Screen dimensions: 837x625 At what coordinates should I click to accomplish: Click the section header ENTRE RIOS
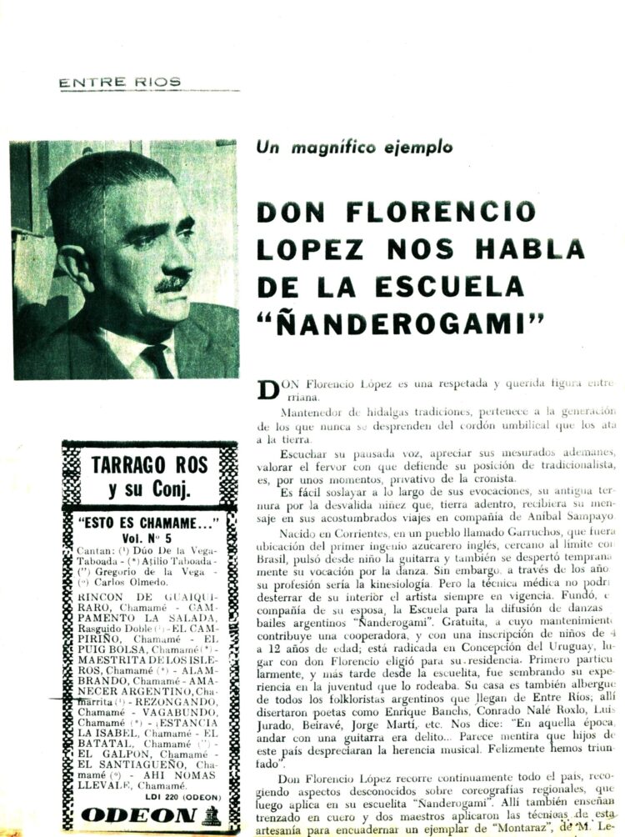(x=120, y=82)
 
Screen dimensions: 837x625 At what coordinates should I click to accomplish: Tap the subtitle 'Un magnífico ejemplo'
(x=354, y=148)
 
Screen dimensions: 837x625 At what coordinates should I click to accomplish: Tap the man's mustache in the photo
(x=173, y=283)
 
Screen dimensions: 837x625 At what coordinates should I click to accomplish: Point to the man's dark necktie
(x=156, y=359)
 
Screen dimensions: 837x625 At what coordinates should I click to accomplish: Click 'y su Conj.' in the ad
(x=137, y=489)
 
